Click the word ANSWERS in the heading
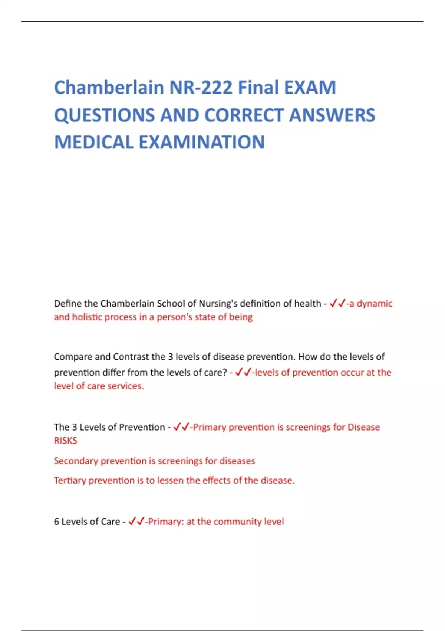pos(332,115)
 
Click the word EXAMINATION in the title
pos(202,143)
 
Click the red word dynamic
pos(375,304)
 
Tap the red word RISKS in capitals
pos(66,441)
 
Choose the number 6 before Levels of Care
pos(56,522)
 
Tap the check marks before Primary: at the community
pos(136,522)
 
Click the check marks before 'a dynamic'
pos(337,304)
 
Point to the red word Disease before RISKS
pos(363,427)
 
